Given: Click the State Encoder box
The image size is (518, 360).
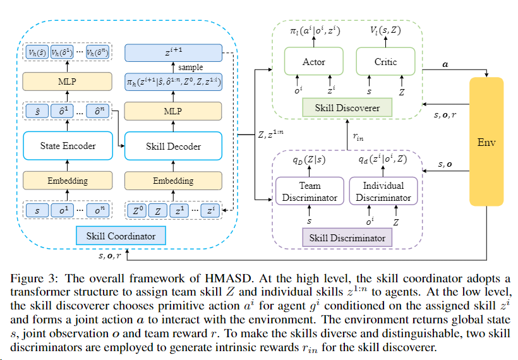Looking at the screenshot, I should [69, 146].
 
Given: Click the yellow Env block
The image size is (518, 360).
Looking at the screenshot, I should [486, 143].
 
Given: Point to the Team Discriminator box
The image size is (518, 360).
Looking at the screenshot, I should [309, 192].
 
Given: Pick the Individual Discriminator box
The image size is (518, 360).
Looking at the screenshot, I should [383, 192].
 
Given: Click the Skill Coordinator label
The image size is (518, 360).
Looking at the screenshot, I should [121, 236].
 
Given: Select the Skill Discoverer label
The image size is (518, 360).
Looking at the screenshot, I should [347, 108].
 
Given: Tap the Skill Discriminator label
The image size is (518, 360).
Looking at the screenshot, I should [347, 238].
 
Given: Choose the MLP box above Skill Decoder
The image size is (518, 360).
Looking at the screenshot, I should [174, 112].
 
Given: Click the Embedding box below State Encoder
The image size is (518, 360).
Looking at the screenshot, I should [69, 181].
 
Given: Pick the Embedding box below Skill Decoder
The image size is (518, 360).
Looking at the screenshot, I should [174, 181].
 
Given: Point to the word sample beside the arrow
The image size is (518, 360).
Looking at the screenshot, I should [190, 66].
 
